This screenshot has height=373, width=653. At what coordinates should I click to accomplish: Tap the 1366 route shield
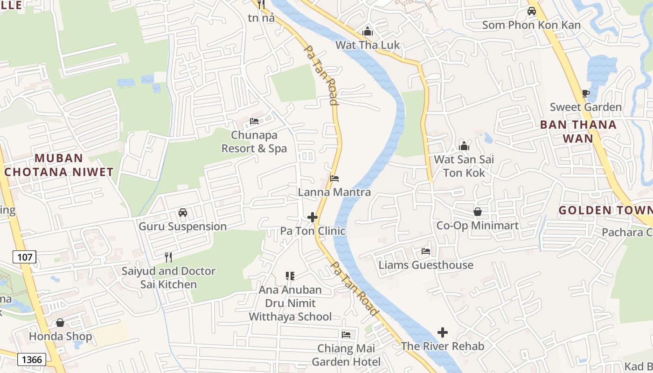pos(32,359)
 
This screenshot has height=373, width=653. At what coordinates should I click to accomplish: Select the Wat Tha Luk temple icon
pos(368,32)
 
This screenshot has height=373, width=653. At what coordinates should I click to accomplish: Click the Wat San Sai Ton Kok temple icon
pos(464,146)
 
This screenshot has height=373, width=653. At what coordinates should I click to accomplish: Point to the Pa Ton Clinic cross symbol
pos(313,217)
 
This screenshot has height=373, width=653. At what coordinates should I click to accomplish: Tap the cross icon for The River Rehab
pos(443,332)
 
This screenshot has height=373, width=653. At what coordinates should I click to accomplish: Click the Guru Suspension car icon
pos(183,213)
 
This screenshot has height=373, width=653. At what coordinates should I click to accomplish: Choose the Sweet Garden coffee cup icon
pos(586,94)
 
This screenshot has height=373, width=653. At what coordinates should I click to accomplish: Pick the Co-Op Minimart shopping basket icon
pos(478,212)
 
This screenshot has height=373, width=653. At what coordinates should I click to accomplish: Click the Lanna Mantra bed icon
pos(334,179)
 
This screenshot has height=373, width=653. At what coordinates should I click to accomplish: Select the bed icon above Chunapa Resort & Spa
pos(254,121)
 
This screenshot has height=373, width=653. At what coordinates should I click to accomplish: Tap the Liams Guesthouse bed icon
pos(426,251)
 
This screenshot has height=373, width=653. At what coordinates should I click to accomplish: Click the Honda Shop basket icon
pos(60,323)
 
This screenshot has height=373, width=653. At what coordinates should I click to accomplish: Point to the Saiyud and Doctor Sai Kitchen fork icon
pos(168,257)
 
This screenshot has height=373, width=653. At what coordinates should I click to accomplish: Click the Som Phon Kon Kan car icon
pos(531,11)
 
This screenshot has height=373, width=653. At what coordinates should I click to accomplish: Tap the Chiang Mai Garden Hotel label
pos(346,355)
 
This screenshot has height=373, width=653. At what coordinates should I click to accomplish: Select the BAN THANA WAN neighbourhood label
pos(578,131)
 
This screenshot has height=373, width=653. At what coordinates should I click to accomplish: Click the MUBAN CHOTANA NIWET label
pos(59,165)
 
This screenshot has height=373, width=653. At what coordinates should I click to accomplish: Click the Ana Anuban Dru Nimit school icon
pos(290,276)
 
